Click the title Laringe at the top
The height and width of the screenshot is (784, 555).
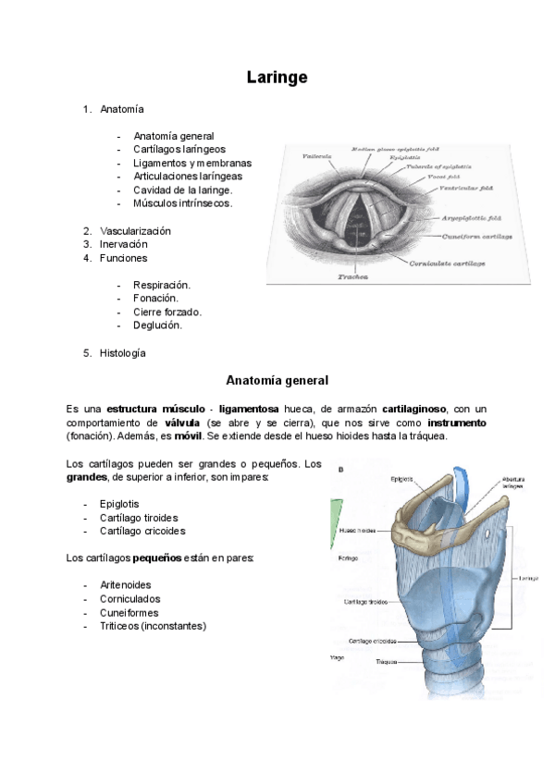pyautogui.click(x=277, y=78)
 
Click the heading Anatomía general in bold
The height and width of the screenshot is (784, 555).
pyautogui.click(x=277, y=380)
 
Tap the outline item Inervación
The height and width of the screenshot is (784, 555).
pyautogui.click(x=124, y=244)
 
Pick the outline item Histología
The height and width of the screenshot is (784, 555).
pyautogui.click(x=123, y=352)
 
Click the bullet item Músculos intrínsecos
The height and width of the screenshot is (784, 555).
pyautogui.click(x=182, y=202)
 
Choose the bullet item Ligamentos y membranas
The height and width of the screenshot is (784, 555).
pyautogui.click(x=192, y=163)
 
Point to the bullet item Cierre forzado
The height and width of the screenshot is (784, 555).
pyautogui.click(x=167, y=312)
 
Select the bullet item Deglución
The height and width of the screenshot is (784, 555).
pyautogui.click(x=158, y=325)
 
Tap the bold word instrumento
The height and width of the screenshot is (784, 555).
pyautogui.click(x=457, y=423)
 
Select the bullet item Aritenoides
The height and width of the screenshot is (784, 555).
pyautogui.click(x=126, y=585)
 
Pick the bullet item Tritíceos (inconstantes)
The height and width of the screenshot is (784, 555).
pyautogui.click(x=154, y=626)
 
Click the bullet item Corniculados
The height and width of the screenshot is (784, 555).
pyautogui.click(x=129, y=599)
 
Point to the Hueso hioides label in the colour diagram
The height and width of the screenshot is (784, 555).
pyautogui.click(x=359, y=532)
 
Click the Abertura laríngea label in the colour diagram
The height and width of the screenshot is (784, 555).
pyautogui.click(x=513, y=484)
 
